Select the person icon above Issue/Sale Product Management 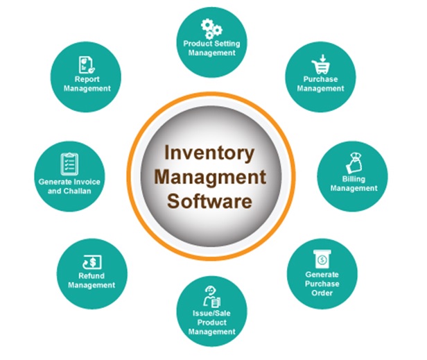211,294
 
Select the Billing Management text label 354,184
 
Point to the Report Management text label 87,84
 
